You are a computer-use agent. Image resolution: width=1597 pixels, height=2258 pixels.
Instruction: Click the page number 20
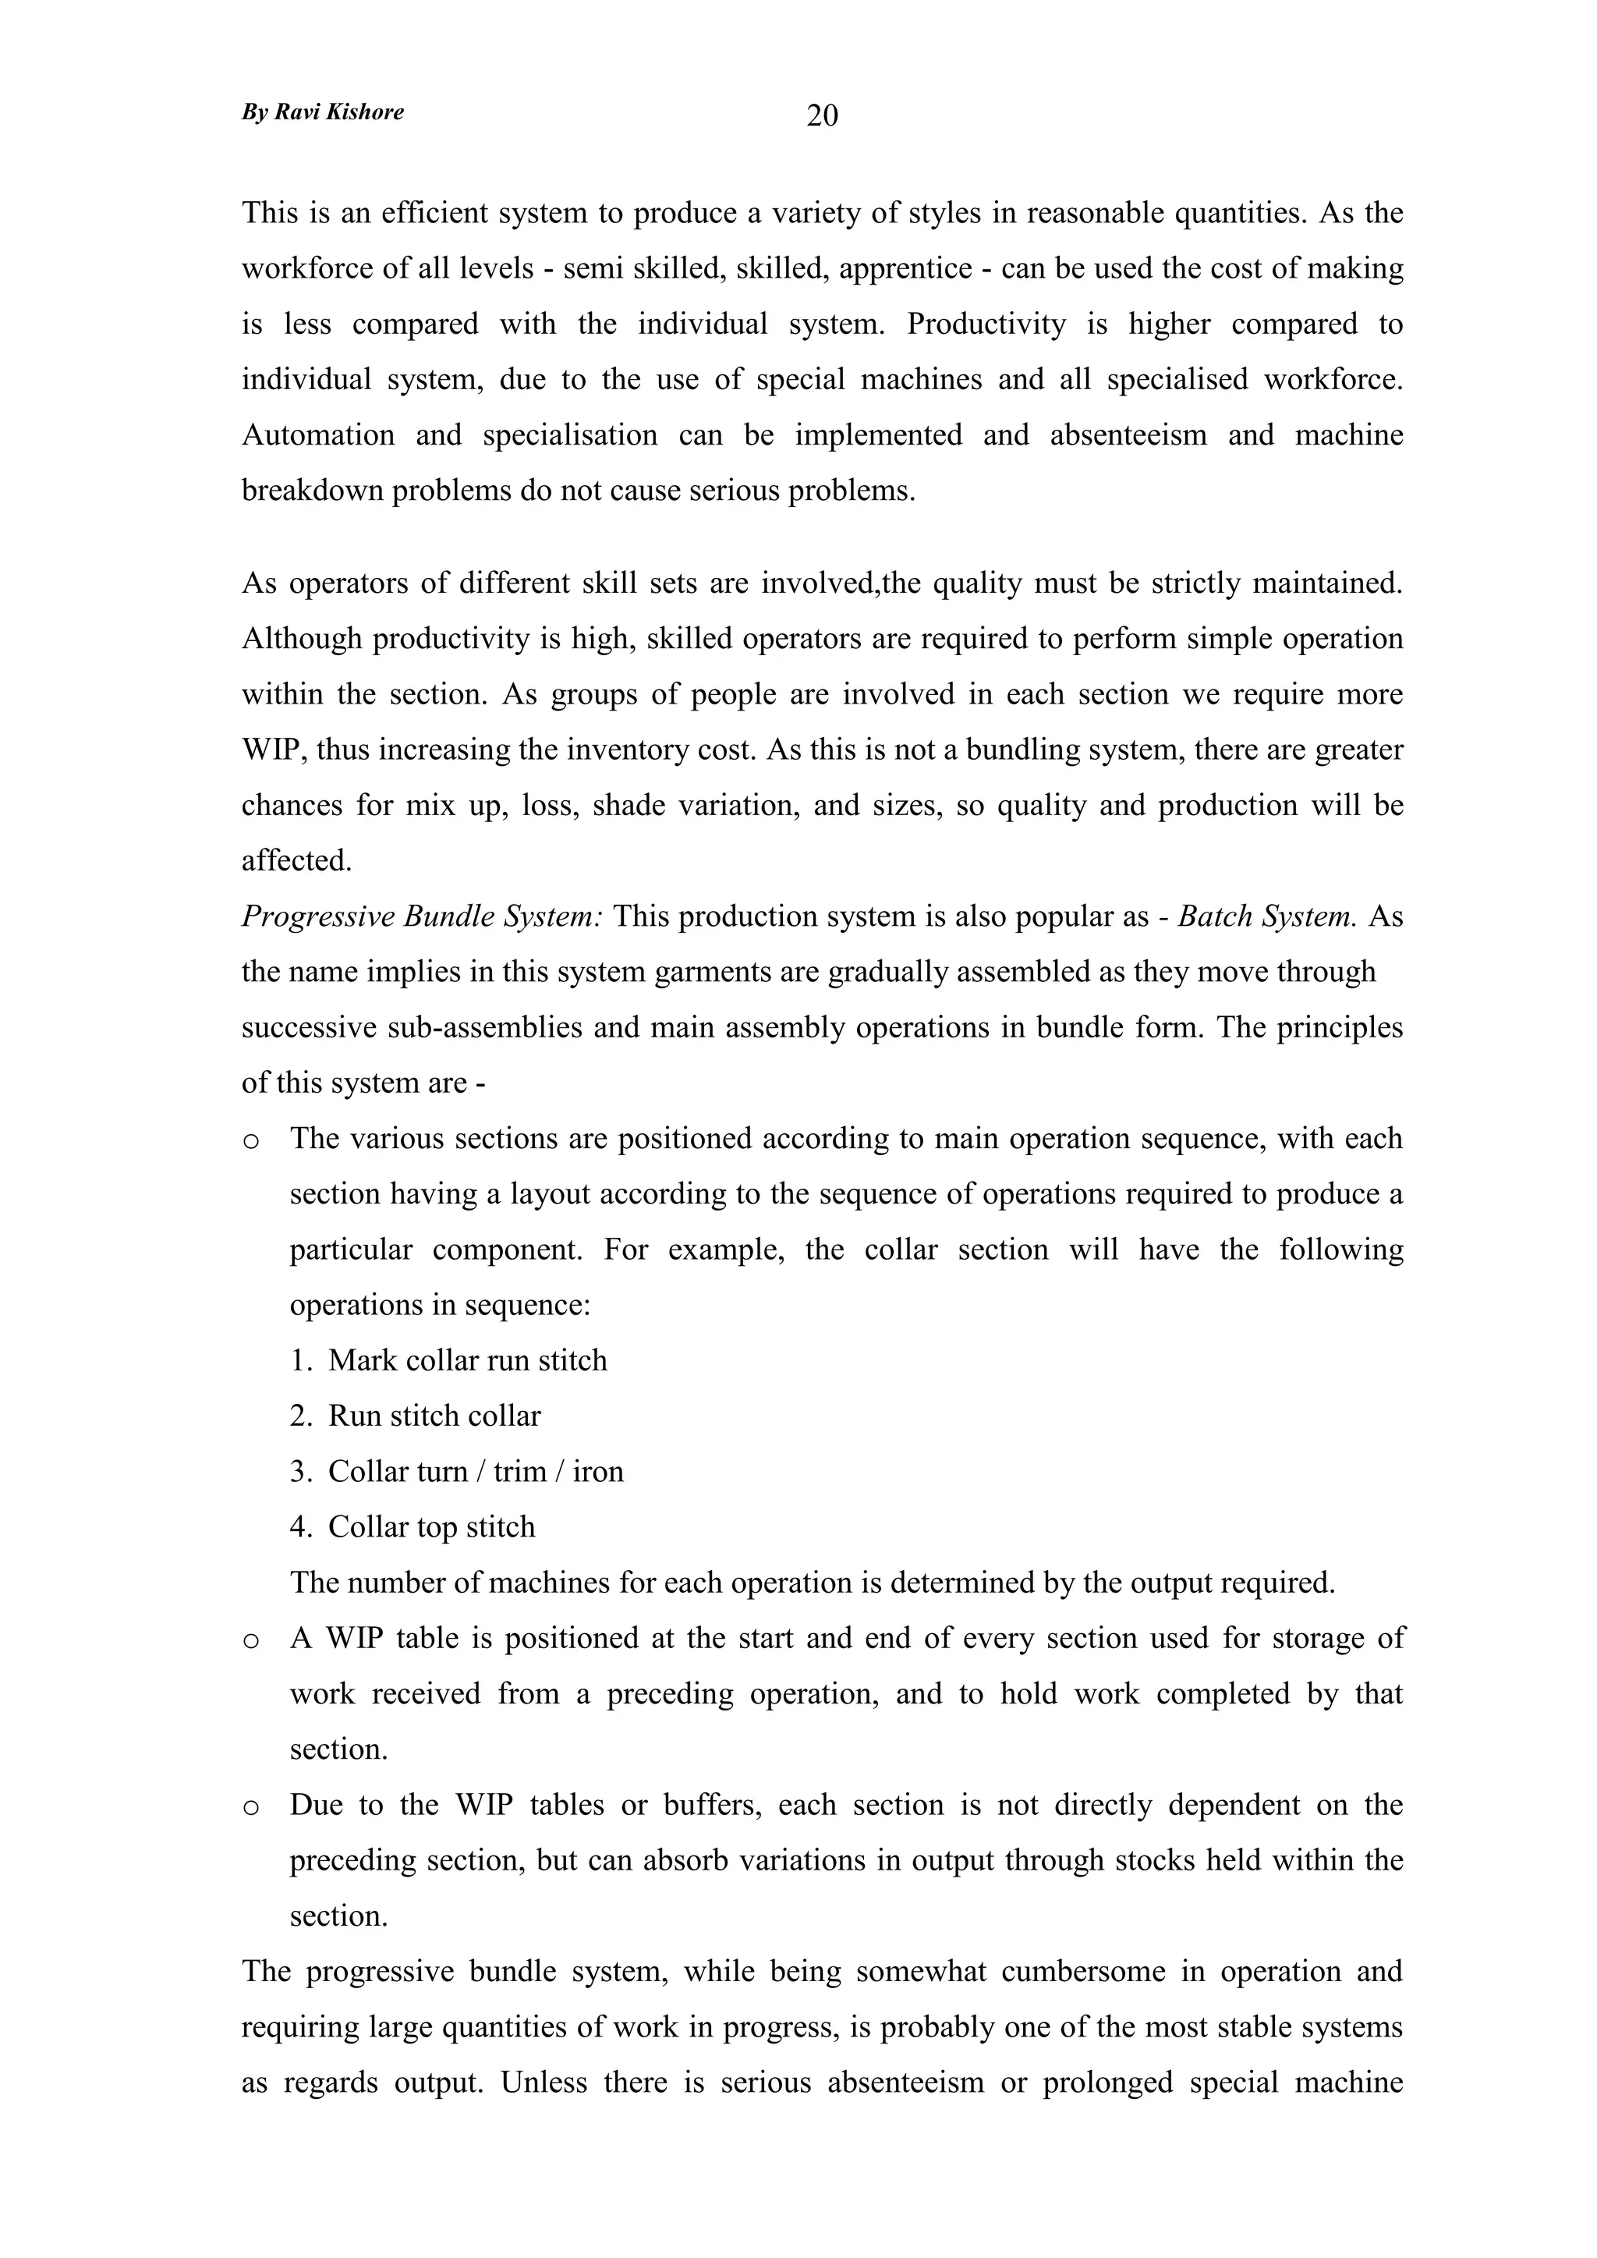tap(822, 116)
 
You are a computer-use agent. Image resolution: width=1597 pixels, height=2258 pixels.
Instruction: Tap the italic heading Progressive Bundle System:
tap(422, 916)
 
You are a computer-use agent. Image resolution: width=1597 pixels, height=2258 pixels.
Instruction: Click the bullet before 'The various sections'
tap(251, 1142)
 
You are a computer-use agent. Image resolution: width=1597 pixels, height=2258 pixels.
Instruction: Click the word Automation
tap(317, 434)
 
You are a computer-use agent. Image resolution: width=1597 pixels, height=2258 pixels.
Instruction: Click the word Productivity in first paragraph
tap(986, 324)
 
